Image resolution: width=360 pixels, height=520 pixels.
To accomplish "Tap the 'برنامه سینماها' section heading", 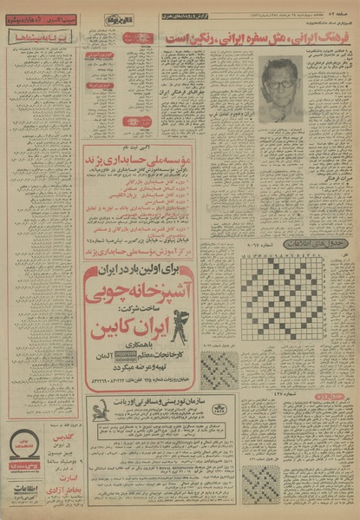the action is (43, 37).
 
